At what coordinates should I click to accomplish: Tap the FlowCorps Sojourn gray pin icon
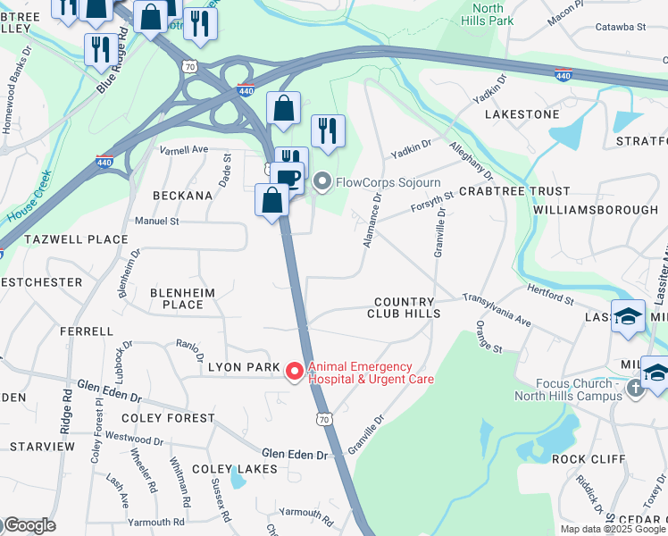(x=321, y=183)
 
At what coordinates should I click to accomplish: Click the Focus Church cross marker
(x=635, y=388)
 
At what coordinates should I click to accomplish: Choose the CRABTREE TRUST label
(x=514, y=191)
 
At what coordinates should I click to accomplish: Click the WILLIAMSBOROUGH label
(x=595, y=209)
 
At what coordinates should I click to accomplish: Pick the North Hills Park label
(x=488, y=13)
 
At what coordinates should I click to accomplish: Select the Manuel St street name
(x=156, y=221)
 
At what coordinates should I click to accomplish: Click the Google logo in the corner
(x=29, y=525)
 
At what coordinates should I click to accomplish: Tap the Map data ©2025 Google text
(x=613, y=529)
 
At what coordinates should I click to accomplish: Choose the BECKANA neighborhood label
(x=182, y=195)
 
